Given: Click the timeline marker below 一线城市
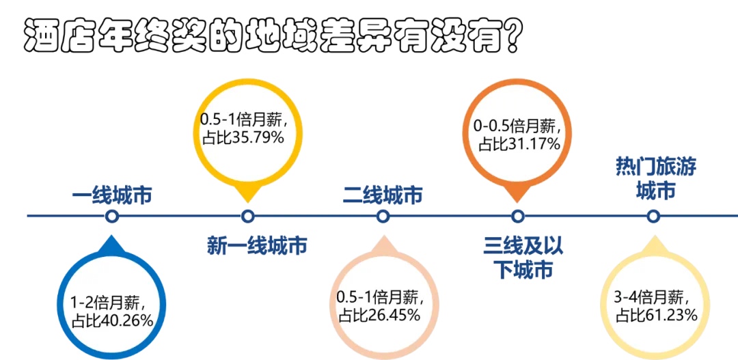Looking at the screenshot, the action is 112,217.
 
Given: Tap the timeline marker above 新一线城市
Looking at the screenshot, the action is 247,217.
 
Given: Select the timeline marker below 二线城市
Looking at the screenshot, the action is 383,217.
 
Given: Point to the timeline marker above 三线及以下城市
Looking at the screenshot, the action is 518,217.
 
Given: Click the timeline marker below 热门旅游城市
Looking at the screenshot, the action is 653,217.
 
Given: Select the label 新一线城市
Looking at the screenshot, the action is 257,245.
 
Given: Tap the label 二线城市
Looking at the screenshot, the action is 383,195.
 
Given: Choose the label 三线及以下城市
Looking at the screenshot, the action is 523,258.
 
